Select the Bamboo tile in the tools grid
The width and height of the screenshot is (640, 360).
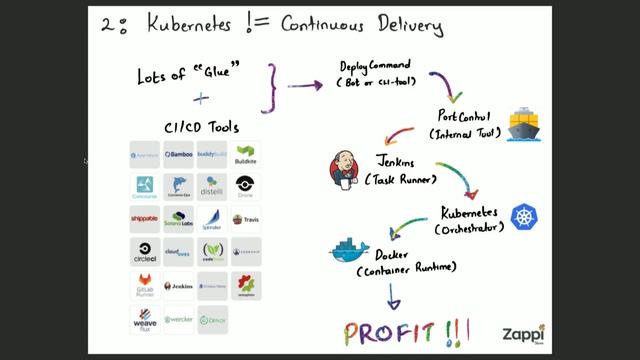[x=178, y=155]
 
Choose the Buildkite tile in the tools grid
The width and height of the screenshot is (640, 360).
[x=245, y=155]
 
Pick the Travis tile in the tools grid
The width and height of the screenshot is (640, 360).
[x=245, y=220]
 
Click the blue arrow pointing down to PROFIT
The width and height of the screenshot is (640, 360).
[x=394, y=296]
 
